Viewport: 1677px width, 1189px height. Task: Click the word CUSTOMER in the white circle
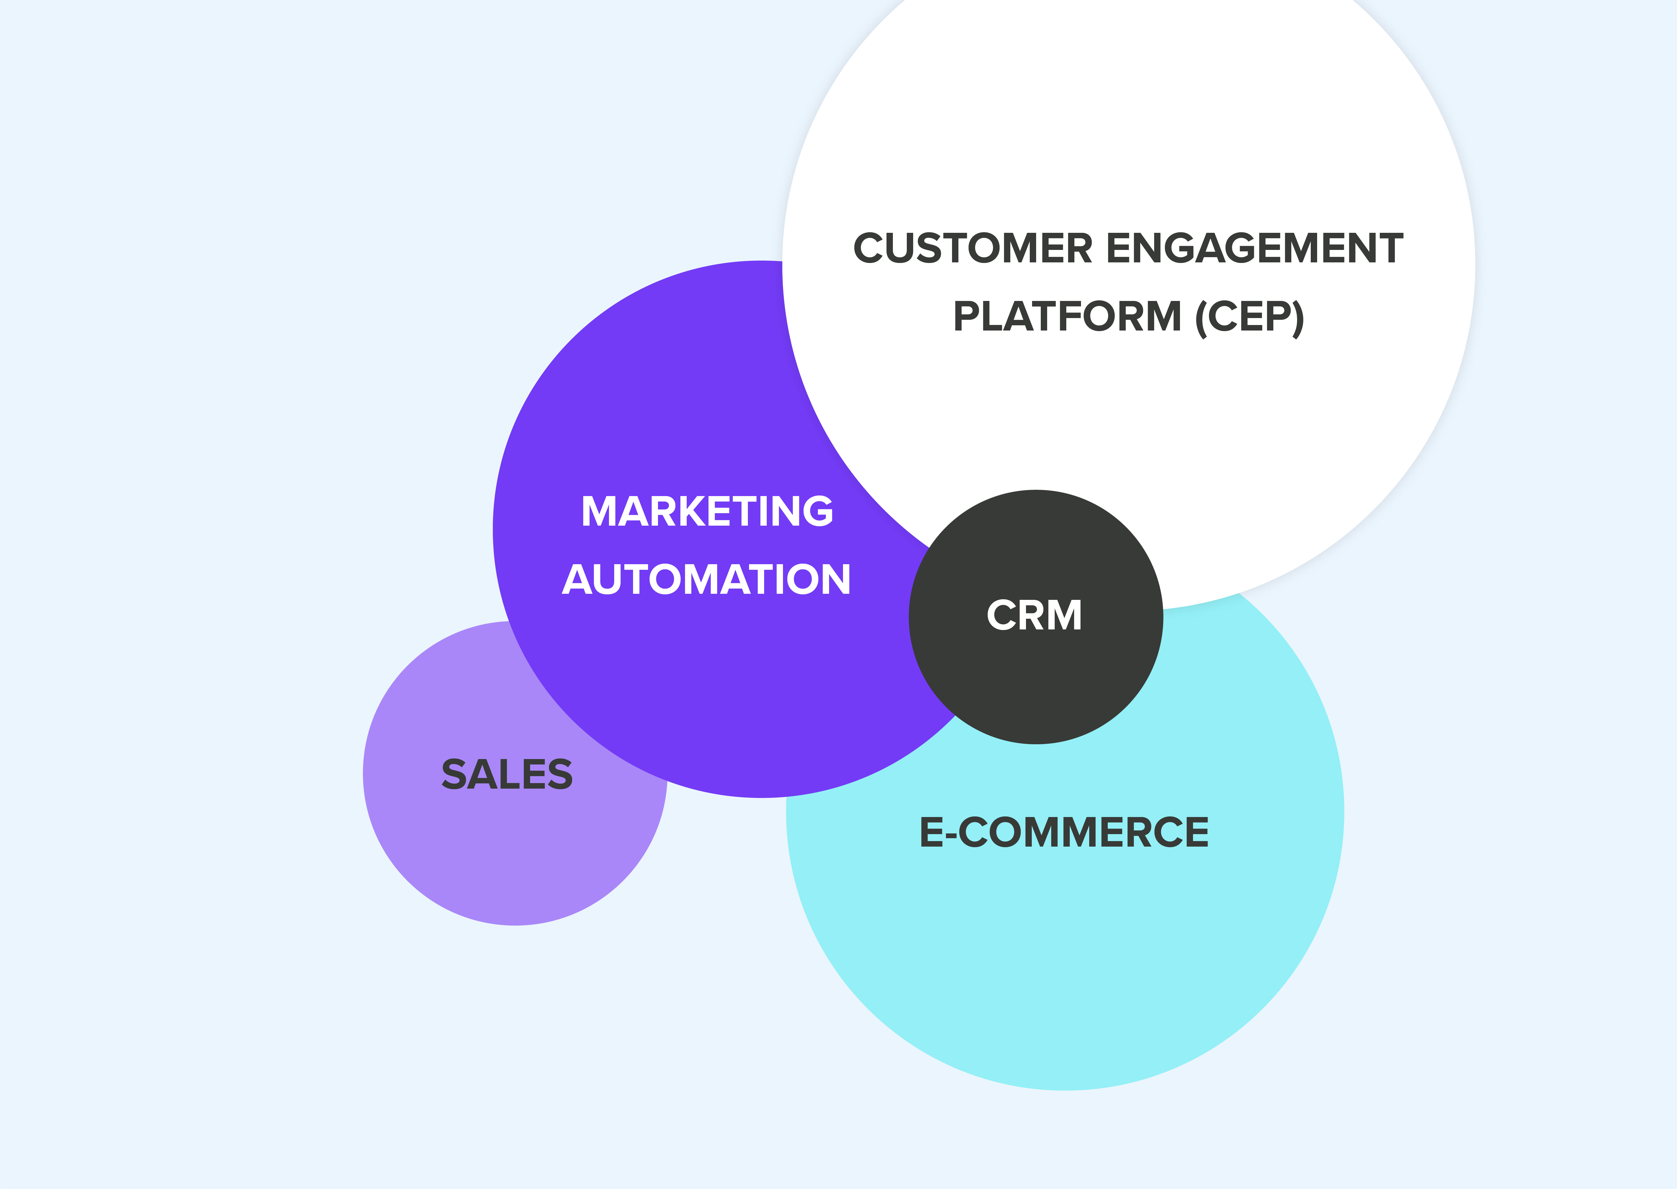click(973, 248)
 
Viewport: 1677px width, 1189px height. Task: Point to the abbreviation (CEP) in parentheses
click(1249, 317)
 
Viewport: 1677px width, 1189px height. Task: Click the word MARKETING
click(707, 511)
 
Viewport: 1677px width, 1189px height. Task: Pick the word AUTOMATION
click(706, 579)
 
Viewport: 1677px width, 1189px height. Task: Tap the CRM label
click(1034, 615)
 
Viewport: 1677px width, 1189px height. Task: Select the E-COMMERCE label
click(1064, 832)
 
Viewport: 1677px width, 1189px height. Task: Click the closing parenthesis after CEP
click(1298, 318)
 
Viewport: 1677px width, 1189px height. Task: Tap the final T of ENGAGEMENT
click(1388, 248)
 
